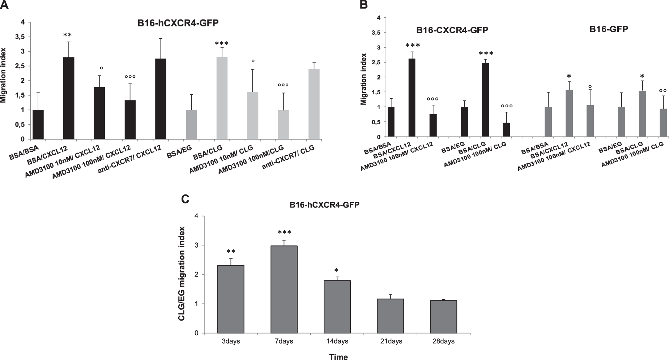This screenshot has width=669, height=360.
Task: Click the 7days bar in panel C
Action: pyautogui.click(x=284, y=289)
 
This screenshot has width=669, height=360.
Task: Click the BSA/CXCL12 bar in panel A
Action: pyautogui.click(x=69, y=98)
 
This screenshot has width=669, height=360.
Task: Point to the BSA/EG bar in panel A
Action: pyautogui.click(x=191, y=124)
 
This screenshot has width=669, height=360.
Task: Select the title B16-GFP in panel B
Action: pyautogui.click(x=609, y=29)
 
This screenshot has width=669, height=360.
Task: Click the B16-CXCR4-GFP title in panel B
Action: pyautogui.click(x=452, y=30)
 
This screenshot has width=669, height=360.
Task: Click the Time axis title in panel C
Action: pyautogui.click(x=338, y=357)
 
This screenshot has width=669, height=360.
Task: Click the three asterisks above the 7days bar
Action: pyautogui.click(x=284, y=232)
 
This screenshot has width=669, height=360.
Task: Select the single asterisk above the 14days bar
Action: pyautogui.click(x=336, y=270)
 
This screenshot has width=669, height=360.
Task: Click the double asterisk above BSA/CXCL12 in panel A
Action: pyautogui.click(x=67, y=35)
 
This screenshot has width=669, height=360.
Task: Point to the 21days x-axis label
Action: pyautogui.click(x=391, y=341)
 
